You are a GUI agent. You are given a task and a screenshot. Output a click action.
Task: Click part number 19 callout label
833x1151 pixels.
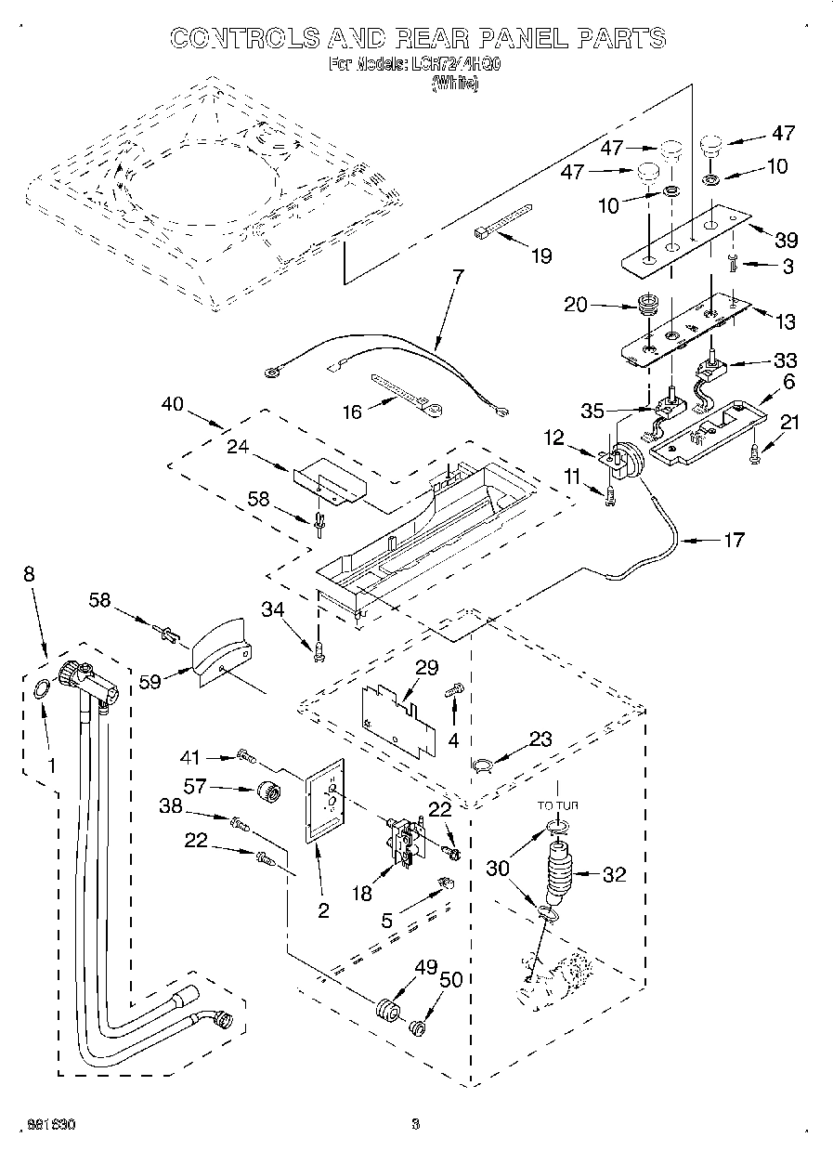coord(540,256)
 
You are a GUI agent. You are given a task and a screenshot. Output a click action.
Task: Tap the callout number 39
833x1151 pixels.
coord(785,240)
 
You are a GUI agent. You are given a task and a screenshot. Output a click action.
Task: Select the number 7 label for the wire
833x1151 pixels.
coord(458,276)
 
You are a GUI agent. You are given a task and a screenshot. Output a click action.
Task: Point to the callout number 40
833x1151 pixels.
coord(172,405)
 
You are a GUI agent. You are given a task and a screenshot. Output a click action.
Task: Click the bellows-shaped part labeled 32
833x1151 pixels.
coord(560,872)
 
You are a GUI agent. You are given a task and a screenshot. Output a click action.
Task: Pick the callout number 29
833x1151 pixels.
coord(426,668)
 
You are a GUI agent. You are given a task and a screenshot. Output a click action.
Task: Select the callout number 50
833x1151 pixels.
coord(450,980)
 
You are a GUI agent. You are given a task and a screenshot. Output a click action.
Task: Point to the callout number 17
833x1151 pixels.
coord(733,539)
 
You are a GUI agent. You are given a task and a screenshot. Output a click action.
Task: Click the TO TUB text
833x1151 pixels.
coord(557,805)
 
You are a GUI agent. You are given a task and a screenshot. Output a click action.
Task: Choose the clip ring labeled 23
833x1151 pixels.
coord(482,764)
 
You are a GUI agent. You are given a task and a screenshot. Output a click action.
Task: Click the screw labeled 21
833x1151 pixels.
coord(754,452)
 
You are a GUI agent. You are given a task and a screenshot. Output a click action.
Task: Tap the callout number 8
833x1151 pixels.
coord(30,575)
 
